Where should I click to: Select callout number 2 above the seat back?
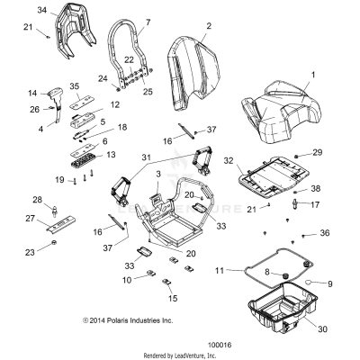pyautogui.click(x=209, y=25)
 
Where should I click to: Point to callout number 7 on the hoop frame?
pyautogui.click(x=148, y=21)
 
